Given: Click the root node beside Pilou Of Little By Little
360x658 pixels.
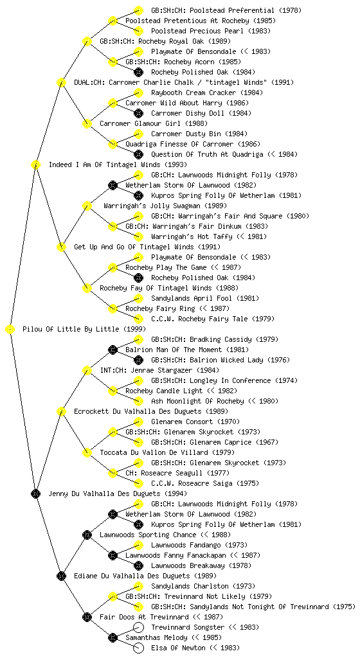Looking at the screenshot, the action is tap(10, 330).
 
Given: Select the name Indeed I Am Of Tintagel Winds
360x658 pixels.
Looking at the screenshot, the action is tap(105, 164).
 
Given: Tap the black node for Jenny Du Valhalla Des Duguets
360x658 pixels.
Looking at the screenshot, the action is tap(35, 494).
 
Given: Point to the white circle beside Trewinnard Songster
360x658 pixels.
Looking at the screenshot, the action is tap(138, 627).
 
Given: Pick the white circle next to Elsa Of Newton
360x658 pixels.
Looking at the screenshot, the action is tap(138, 648).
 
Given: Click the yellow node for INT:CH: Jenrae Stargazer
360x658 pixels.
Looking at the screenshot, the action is tap(87, 370).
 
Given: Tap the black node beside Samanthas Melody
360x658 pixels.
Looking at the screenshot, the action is tap(113, 638).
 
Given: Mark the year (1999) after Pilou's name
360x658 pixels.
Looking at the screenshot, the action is tap(135, 329).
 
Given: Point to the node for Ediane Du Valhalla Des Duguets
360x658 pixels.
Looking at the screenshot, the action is tap(61, 576).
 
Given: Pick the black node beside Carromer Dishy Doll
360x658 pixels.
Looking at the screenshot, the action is tap(138, 113).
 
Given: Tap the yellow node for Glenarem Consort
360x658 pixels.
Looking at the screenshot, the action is tap(138, 422).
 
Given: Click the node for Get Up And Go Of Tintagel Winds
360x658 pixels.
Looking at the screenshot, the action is tap(61, 247).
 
